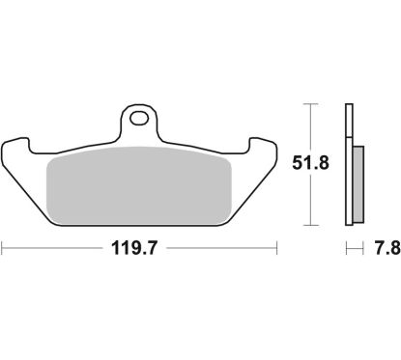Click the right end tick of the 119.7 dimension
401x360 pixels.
(x=277, y=249)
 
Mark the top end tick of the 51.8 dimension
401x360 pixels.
(x=309, y=104)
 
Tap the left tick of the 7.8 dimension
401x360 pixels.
(x=345, y=249)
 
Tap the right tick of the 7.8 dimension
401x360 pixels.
(x=360, y=249)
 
